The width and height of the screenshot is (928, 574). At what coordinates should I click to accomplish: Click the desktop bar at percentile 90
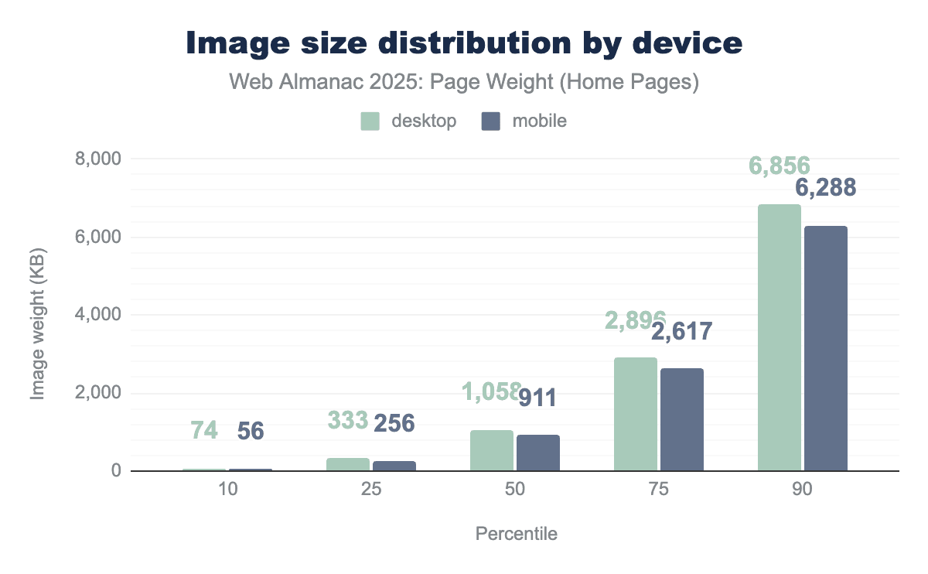pyautogui.click(x=779, y=337)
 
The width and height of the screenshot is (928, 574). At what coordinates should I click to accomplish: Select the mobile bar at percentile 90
pyautogui.click(x=825, y=348)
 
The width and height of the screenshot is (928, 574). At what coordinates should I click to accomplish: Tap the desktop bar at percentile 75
pyautogui.click(x=635, y=414)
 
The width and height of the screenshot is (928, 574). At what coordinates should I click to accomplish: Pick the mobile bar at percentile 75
pyautogui.click(x=681, y=419)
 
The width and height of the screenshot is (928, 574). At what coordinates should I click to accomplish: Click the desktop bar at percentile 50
pyautogui.click(x=491, y=450)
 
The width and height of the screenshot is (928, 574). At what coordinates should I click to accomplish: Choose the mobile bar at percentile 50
pyautogui.click(x=537, y=453)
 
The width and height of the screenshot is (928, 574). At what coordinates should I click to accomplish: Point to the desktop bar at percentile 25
pyautogui.click(x=347, y=464)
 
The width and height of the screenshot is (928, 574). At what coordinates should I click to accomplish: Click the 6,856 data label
pyautogui.click(x=779, y=166)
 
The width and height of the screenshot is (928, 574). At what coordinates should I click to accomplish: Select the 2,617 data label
pyautogui.click(x=681, y=332)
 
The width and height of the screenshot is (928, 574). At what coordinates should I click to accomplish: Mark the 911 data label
pyautogui.click(x=537, y=398)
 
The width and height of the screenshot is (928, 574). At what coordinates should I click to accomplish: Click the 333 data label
pyautogui.click(x=347, y=420)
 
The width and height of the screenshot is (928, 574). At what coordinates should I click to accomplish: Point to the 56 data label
pyautogui.click(x=250, y=431)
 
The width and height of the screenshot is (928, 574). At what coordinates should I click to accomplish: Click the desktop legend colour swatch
pyautogui.click(x=370, y=121)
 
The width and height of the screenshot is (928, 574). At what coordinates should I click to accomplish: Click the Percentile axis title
pyautogui.click(x=516, y=534)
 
